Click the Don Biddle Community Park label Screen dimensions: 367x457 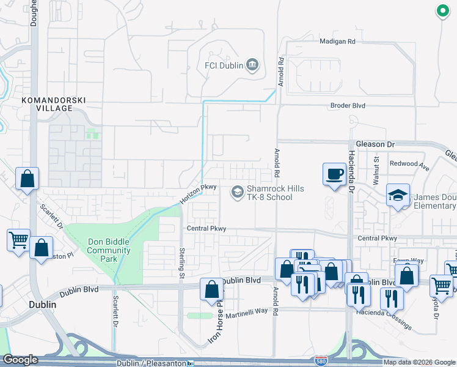(x=109, y=250)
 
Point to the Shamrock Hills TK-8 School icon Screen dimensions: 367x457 (x=236, y=193)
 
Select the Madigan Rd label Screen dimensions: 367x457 (x=337, y=42)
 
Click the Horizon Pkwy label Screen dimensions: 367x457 (x=199, y=195)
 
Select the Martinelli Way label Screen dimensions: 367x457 (x=247, y=311)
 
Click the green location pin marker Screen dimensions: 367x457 (x=441, y=10)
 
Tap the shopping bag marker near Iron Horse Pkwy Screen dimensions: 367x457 (x=211, y=289)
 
